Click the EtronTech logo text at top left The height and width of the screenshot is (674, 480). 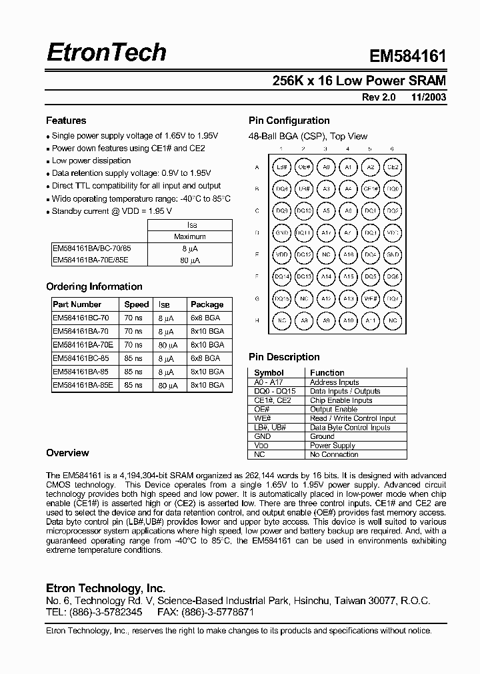106,53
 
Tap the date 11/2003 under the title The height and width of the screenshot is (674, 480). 429,97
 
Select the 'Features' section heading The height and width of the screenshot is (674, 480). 66,121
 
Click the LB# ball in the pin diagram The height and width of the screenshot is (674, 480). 281,167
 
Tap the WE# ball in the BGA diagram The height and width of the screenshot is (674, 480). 371,298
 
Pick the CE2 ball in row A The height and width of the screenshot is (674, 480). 393,167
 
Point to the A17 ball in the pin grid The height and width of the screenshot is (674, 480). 326,233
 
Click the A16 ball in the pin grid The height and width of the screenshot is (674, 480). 348,254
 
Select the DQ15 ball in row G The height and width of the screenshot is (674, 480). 281,298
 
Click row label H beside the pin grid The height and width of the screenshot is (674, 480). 257,320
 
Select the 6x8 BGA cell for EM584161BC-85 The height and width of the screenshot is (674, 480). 204,358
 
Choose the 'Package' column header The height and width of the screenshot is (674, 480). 207,304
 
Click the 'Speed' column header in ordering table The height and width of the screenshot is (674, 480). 137,304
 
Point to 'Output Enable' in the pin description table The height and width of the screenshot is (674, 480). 333,409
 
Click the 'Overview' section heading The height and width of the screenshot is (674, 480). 67,453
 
